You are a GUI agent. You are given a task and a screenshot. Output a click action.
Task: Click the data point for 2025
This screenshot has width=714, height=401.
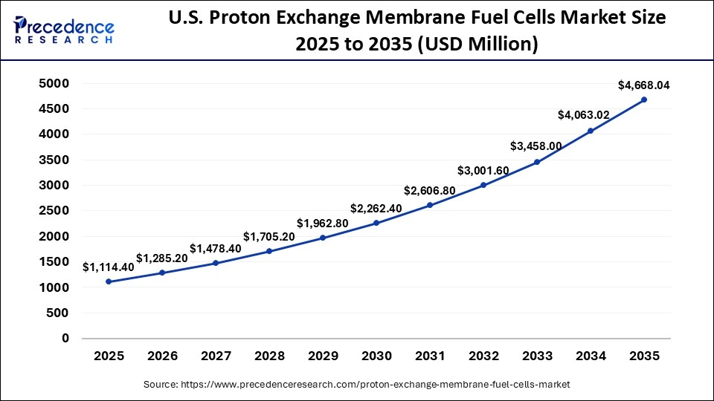(109, 281)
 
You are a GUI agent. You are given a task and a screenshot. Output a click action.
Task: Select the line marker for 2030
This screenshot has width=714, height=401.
(376, 223)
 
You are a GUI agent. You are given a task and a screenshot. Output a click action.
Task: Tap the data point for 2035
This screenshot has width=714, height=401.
(644, 100)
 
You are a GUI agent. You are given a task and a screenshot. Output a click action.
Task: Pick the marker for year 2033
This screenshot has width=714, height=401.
(537, 162)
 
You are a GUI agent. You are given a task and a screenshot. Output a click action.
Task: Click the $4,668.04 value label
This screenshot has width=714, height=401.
(644, 85)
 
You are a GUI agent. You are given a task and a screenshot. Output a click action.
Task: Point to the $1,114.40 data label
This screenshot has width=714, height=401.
(109, 267)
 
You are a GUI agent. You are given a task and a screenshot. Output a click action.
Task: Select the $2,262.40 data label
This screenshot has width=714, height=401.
(376, 209)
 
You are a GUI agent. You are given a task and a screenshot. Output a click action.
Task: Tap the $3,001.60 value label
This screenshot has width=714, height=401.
(483, 171)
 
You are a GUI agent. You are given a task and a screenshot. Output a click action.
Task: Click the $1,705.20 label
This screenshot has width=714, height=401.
(269, 238)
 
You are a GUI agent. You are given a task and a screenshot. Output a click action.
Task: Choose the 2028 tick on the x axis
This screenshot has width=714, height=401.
(269, 356)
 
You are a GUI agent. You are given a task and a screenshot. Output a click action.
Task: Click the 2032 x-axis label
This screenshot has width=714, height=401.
(483, 356)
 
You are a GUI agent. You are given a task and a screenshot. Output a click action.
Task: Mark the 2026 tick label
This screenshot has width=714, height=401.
(162, 356)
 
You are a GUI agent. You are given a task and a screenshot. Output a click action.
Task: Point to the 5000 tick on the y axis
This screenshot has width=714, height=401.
(54, 84)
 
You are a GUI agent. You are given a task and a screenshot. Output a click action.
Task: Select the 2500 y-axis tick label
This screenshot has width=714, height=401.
(54, 211)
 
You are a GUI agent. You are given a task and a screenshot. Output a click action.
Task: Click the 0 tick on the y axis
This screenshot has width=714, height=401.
(65, 338)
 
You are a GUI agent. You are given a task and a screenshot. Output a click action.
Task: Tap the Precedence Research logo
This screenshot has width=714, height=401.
(63, 30)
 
